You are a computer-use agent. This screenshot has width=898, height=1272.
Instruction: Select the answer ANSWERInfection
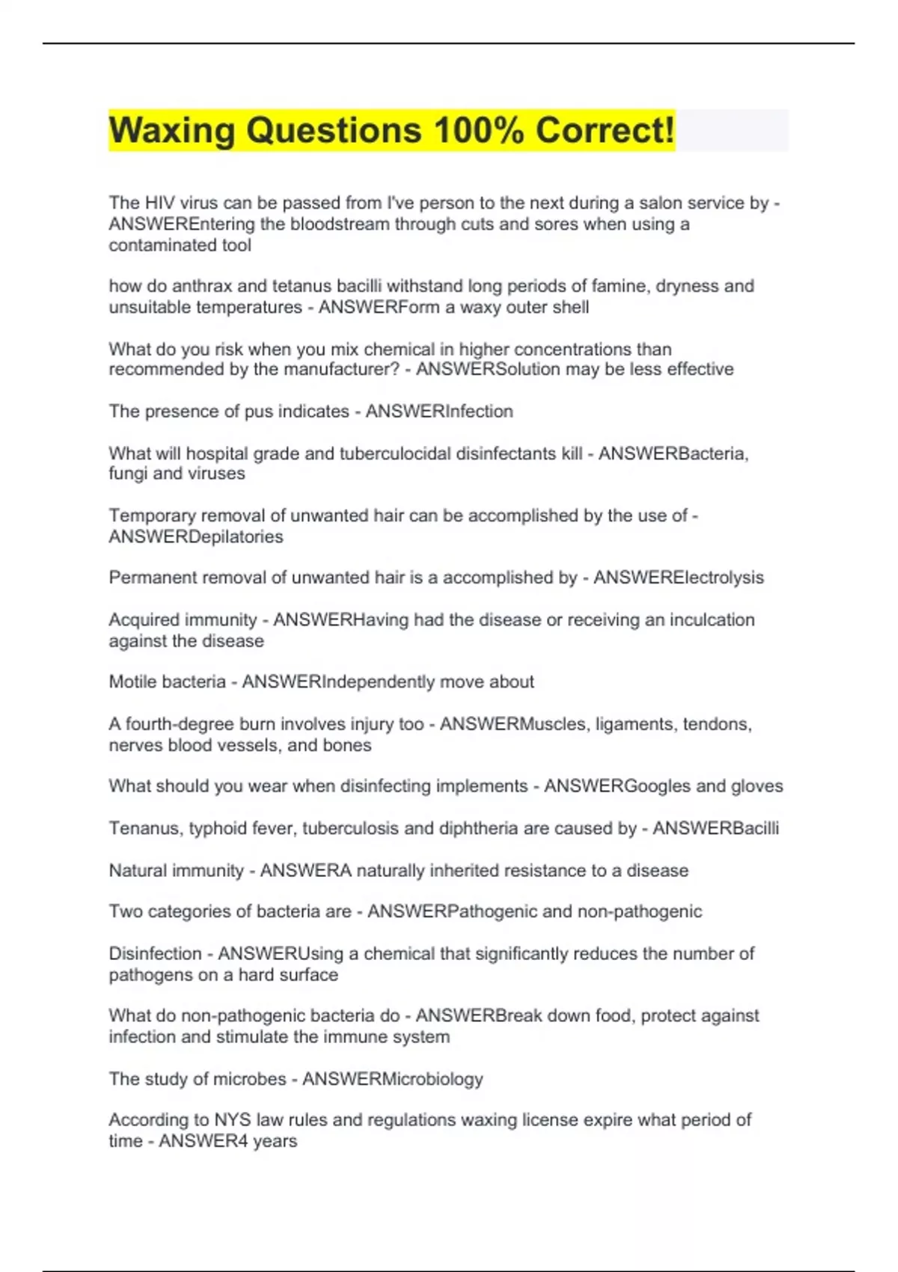(439, 411)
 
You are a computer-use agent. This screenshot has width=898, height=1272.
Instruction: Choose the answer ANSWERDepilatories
(196, 536)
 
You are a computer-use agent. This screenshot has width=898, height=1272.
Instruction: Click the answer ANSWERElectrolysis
(679, 578)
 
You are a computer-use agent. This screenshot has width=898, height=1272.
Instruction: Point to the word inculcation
(704, 620)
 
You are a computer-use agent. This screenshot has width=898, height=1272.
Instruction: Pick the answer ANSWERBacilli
(715, 828)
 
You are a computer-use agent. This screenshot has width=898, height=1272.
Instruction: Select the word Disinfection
(155, 953)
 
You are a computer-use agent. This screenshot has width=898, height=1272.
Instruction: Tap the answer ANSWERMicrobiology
(393, 1079)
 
